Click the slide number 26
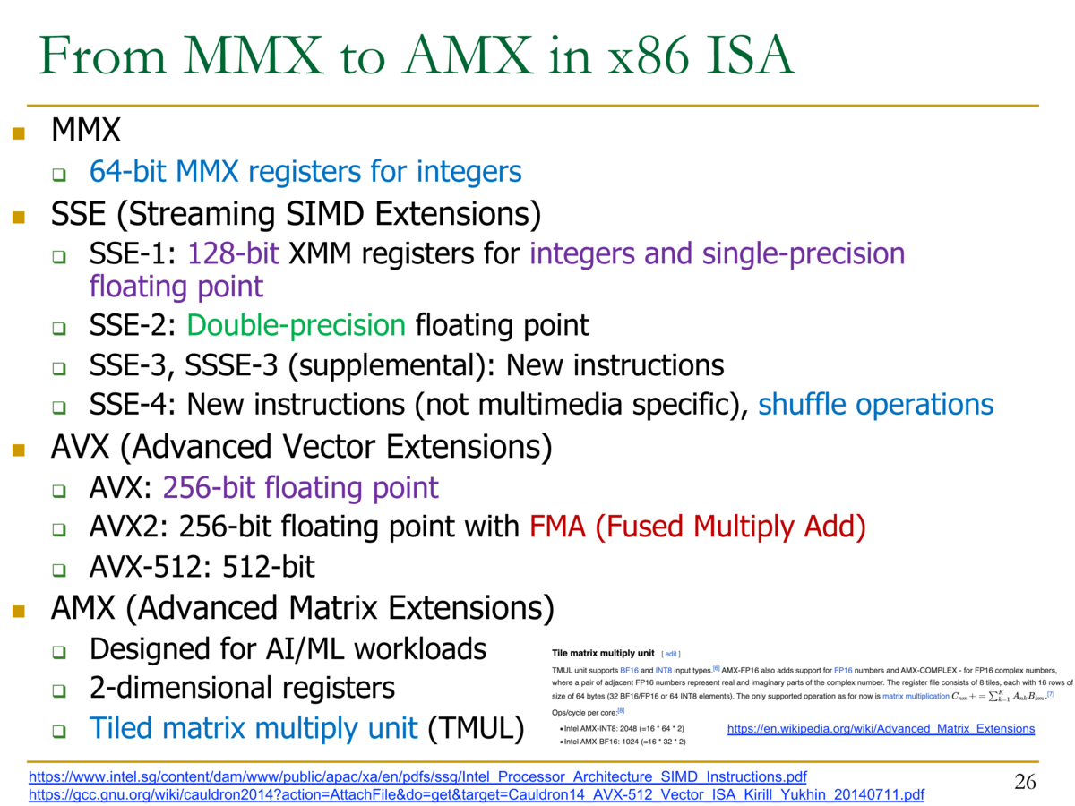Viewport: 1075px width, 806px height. coord(1025,782)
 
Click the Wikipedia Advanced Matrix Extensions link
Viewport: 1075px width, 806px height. coord(881,728)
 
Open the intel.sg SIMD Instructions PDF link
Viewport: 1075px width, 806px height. coord(417,776)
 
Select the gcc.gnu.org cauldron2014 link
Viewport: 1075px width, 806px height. coord(476,794)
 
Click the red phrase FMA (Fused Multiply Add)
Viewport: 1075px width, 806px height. coord(697,527)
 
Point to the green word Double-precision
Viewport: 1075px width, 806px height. coord(297,325)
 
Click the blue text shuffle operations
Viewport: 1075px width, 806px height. coord(875,404)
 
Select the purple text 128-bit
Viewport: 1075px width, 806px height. coord(234,253)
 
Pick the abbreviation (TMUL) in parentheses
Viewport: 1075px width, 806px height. coord(476,728)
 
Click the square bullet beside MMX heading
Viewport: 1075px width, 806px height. coord(19,133)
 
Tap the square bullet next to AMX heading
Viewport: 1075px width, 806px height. coord(19,611)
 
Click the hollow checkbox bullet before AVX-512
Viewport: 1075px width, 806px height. coord(59,570)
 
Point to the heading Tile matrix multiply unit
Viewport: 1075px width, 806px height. coord(602,653)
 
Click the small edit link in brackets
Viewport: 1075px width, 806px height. coord(670,654)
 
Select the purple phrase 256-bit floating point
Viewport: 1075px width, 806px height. coord(301,488)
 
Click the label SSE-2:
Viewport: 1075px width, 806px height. coord(133,325)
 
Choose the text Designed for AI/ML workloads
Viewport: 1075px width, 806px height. coord(288,649)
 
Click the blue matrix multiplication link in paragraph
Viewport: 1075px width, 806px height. coord(916,696)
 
